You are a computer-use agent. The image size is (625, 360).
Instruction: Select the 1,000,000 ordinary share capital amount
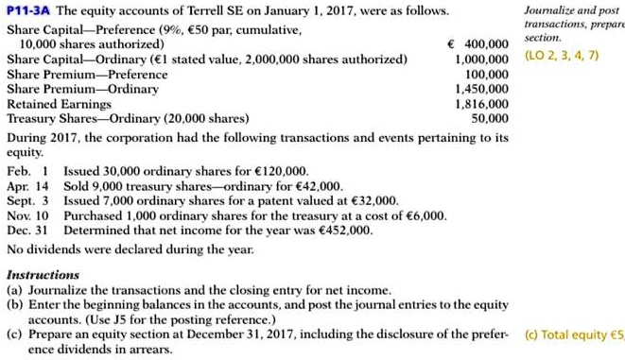[x=481, y=59]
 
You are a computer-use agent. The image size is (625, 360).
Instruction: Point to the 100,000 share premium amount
[x=488, y=74]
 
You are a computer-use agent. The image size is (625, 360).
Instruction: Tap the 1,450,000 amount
[x=481, y=89]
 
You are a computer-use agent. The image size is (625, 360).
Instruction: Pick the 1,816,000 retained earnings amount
[x=481, y=104]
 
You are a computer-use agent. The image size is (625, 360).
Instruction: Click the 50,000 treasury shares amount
[x=491, y=119]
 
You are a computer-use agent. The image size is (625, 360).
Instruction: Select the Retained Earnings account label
[x=54, y=104]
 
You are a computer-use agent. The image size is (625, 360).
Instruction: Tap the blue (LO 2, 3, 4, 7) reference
[x=561, y=57]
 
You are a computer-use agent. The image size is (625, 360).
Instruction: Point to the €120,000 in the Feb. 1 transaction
[x=283, y=171]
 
